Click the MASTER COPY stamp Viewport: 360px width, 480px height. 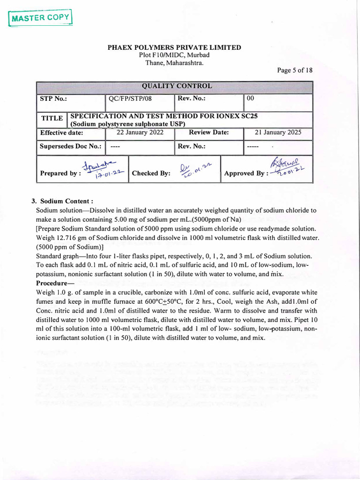point(41,18)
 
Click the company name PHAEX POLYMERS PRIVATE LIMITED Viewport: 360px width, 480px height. point(174,47)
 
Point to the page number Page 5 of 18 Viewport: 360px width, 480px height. point(294,70)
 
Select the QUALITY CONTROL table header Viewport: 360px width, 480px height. point(174,86)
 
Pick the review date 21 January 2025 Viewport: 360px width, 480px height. point(278,132)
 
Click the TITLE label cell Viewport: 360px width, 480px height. point(52,120)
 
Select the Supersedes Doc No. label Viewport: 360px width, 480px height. point(70,146)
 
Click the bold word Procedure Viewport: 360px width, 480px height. point(53,284)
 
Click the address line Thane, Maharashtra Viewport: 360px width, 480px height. point(174,62)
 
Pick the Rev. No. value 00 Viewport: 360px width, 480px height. point(250,99)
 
